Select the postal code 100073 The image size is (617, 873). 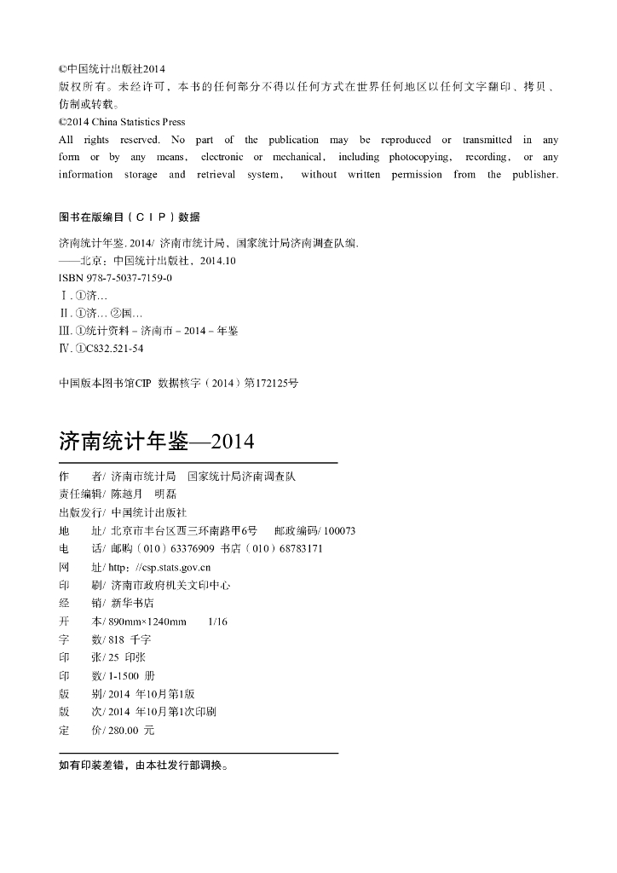340,530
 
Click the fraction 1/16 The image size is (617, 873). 218,622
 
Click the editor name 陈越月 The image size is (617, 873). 126,494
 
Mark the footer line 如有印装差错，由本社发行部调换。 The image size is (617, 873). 143,766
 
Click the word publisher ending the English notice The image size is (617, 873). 533,175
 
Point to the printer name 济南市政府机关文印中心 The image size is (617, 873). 170,585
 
